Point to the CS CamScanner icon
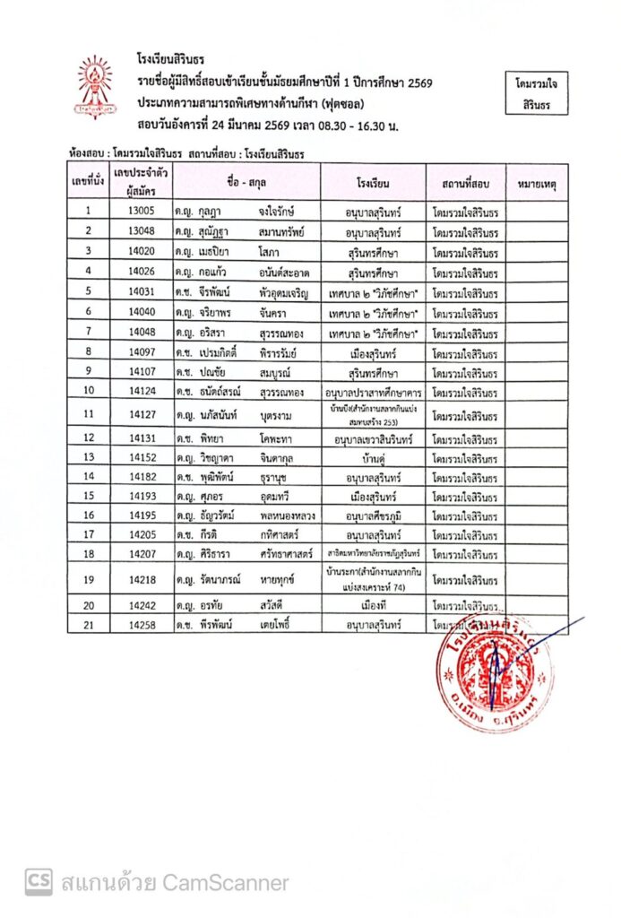pos(38,882)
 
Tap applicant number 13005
pos(142,211)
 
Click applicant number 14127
pos(142,414)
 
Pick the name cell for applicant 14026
pos(246,270)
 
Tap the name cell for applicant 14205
pos(246,534)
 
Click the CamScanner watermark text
pos(175,883)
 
